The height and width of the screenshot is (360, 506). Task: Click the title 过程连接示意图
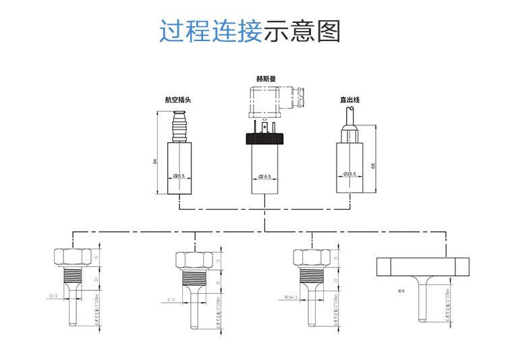pos(250,32)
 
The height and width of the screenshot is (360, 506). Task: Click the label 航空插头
pos(178,100)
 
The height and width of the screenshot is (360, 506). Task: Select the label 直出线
pos(349,100)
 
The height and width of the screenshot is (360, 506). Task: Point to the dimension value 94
pos(154,161)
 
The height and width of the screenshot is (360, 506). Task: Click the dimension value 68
pos(373,166)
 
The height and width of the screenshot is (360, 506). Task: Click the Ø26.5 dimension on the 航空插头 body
pos(179,176)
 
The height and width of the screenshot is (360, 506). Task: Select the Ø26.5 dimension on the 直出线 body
pos(349,174)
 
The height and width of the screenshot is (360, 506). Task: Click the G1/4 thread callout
pos(53,295)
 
